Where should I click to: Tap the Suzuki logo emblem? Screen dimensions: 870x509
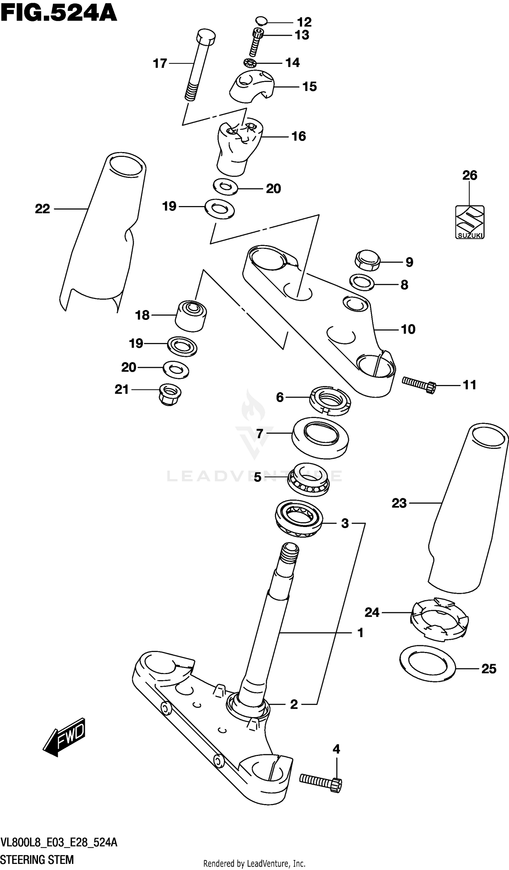469,222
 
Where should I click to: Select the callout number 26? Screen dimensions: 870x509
469,175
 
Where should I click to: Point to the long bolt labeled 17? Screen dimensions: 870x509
199,66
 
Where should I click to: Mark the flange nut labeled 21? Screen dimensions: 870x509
170,394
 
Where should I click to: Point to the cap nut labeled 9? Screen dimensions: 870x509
367,261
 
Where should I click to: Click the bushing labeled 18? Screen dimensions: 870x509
191,316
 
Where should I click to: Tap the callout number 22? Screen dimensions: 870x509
42,209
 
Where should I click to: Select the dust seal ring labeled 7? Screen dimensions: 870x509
320,438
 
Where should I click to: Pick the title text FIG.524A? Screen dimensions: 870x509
59,13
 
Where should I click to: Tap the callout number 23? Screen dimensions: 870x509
399,503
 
